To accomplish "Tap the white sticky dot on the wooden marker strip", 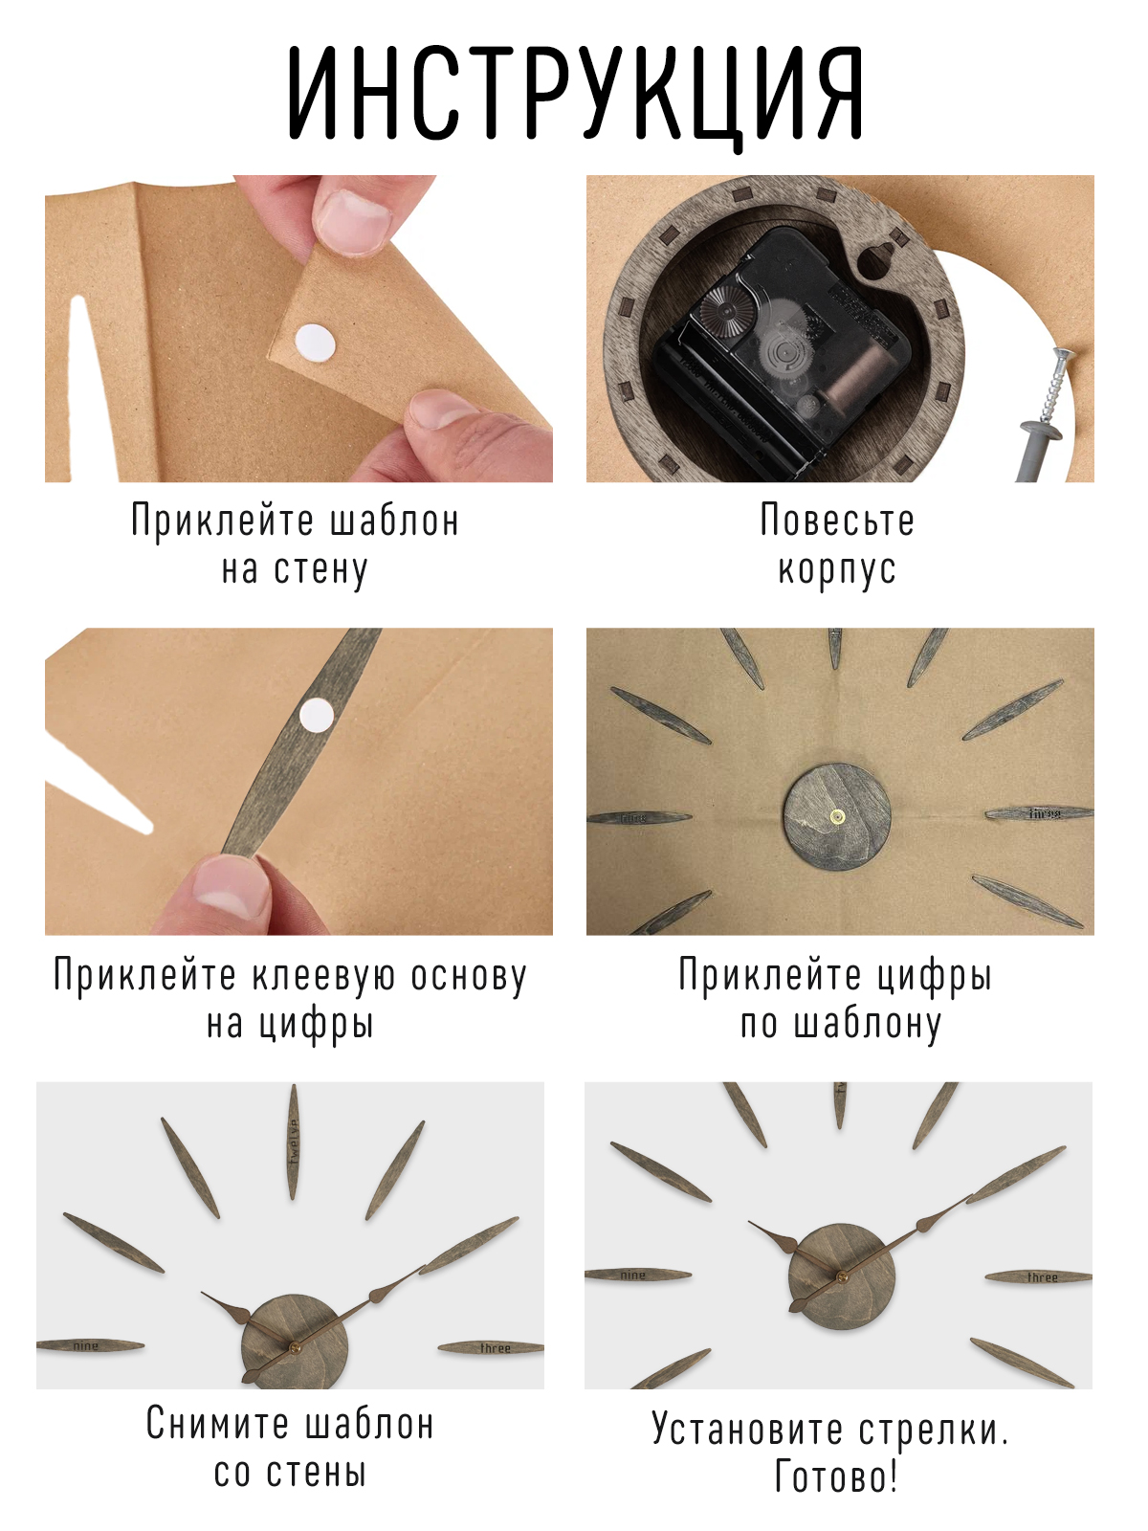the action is click(x=317, y=715).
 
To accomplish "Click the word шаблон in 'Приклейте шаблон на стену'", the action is click(x=394, y=521).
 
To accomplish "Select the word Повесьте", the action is click(x=837, y=521).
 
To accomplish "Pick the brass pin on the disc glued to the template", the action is click(x=837, y=814).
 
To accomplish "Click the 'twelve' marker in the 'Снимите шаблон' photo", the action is click(x=294, y=1142).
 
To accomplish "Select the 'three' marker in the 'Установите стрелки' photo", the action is click(x=1039, y=1277).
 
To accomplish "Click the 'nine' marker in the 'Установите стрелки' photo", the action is click(x=638, y=1275).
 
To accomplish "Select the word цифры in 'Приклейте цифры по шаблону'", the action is click(x=934, y=975).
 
